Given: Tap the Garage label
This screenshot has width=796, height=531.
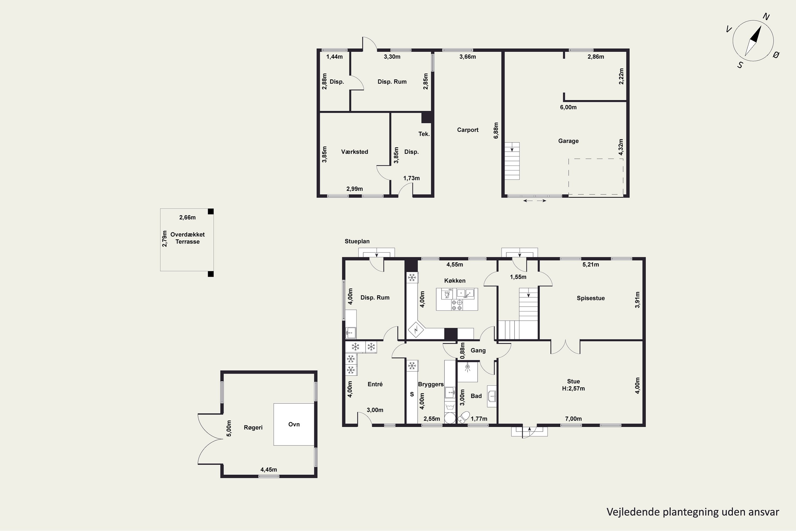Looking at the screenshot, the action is click(568, 141).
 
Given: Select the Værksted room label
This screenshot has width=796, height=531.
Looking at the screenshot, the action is click(354, 152).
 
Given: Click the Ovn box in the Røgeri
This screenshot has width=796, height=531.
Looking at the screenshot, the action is click(294, 424).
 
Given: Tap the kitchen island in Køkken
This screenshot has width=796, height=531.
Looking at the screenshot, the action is click(457, 299).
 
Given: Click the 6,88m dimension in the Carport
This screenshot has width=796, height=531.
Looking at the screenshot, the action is click(496, 130).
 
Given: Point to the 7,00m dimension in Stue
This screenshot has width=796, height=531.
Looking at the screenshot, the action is click(573, 419).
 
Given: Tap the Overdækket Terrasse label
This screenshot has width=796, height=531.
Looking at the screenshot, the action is click(188, 238).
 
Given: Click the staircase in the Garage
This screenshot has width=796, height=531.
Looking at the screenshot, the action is click(512, 161).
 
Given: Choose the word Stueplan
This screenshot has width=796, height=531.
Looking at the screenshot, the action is click(357, 241).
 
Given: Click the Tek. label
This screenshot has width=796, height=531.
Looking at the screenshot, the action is click(424, 134).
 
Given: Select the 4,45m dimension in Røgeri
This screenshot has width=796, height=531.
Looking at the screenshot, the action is click(269, 470).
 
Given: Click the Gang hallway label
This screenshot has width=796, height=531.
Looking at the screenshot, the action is click(478, 350).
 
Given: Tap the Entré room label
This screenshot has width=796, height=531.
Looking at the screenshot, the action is click(375, 384).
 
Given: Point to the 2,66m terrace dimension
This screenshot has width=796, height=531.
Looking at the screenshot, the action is click(188, 217).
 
